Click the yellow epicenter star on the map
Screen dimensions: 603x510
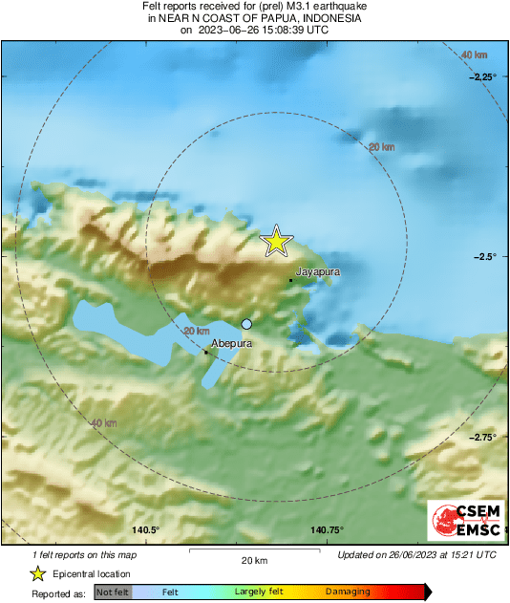point(276,241)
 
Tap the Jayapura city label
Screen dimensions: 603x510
point(318,272)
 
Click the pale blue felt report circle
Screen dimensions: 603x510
point(246,324)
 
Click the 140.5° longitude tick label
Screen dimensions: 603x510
point(145,530)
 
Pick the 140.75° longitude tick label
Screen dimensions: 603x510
point(327,530)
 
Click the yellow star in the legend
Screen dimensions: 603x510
point(37,573)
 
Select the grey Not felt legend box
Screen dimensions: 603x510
point(113,592)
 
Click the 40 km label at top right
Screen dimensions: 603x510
point(474,55)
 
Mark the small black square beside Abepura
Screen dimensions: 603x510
point(205,353)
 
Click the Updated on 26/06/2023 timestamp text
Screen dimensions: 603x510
point(417,554)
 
